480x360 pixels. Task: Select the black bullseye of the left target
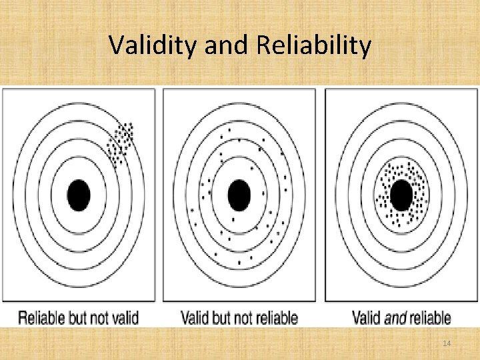click(x=79, y=195)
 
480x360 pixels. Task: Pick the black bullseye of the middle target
click(x=239, y=195)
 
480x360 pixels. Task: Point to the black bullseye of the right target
click(x=401, y=195)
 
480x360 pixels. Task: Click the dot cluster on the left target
click(x=121, y=142)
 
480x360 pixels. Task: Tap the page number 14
click(x=447, y=343)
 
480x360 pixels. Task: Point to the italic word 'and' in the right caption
click(x=396, y=318)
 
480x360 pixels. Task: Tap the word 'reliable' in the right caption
click(x=430, y=318)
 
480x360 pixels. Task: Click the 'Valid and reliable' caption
click(x=401, y=318)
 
